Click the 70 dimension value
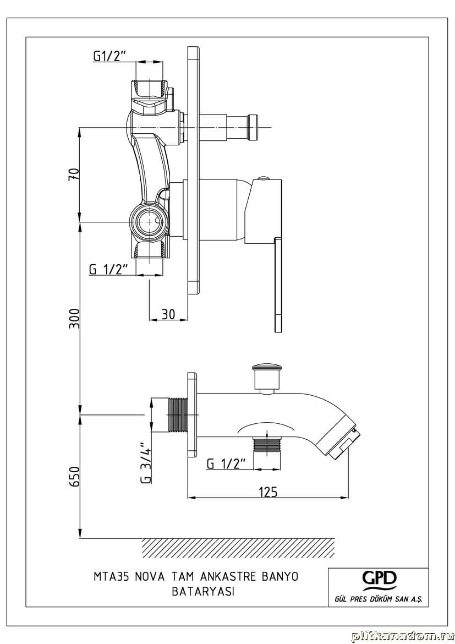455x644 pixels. (x=74, y=174)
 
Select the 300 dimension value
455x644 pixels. (x=74, y=318)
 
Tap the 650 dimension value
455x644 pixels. (x=74, y=477)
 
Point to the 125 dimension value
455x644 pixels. (x=268, y=491)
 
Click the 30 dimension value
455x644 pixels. (x=168, y=314)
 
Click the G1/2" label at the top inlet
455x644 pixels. (x=108, y=56)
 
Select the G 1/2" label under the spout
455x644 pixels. (x=226, y=463)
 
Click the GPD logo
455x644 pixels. (x=379, y=579)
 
